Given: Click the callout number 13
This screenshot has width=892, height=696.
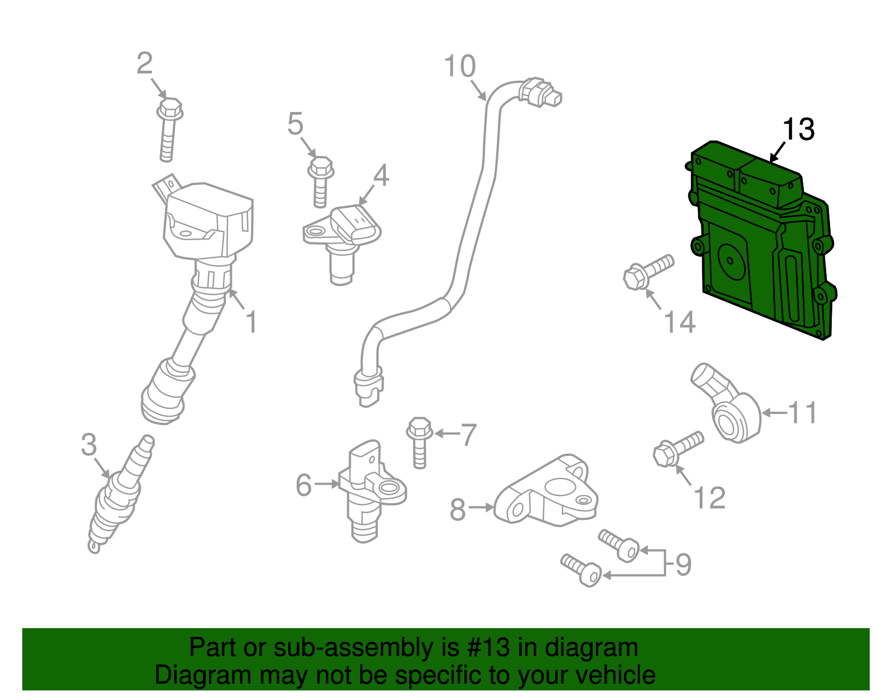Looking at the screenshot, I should [x=798, y=129].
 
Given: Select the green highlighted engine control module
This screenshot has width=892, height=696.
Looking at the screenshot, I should [x=761, y=245].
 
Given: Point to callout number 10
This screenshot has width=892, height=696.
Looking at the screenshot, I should [x=460, y=66].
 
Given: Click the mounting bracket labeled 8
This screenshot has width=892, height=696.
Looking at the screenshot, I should [x=546, y=493].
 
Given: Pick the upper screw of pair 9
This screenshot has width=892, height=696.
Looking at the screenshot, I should [x=619, y=546].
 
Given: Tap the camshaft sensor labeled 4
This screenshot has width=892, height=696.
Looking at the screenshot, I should [x=346, y=234].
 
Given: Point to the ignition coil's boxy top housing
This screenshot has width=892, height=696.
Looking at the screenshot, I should [x=209, y=220].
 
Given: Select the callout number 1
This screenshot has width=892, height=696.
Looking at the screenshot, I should [x=252, y=323].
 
